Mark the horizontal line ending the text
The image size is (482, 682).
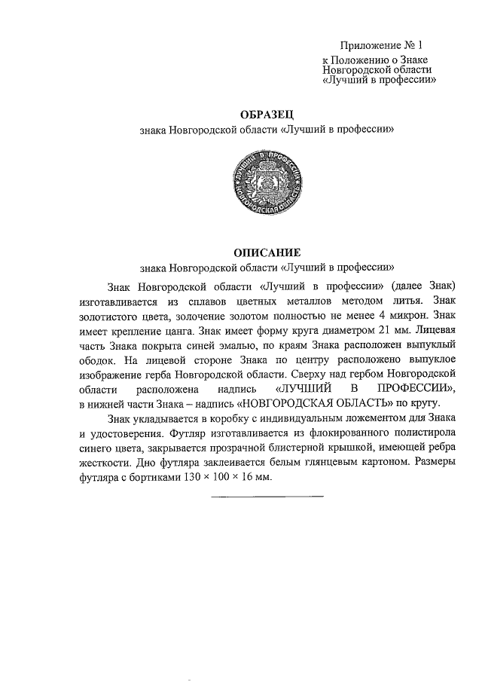click(267, 495)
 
